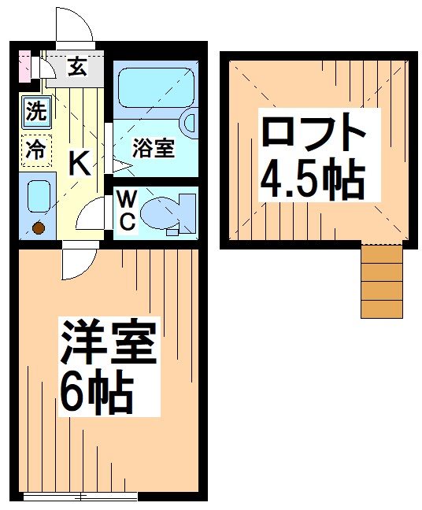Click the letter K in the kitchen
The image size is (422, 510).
[x=79, y=163]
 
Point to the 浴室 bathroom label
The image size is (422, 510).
[x=153, y=147]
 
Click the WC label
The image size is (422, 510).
[x=127, y=211]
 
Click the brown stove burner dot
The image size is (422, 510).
[x=37, y=229]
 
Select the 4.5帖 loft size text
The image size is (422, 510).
[x=313, y=180]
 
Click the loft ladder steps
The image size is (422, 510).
[x=381, y=280]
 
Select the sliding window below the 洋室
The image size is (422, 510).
[x=80, y=497]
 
